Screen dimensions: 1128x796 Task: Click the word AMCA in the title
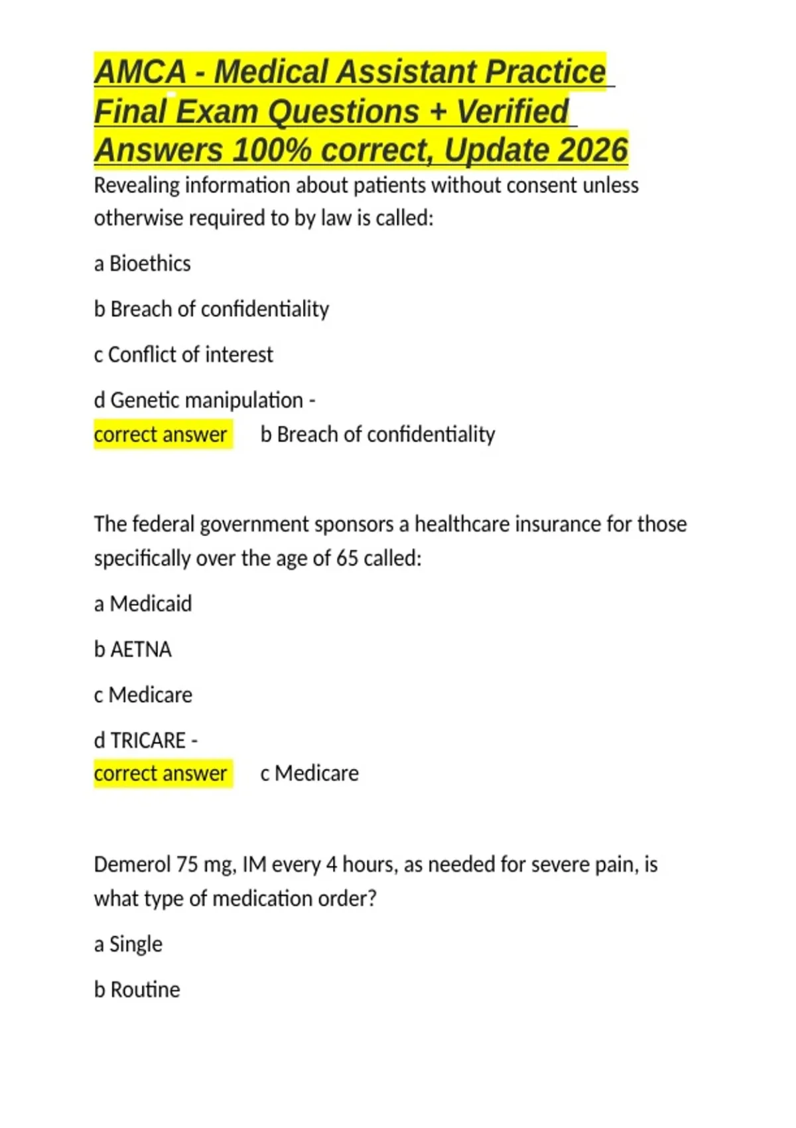point(140,72)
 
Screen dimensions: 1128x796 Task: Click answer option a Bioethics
point(143,263)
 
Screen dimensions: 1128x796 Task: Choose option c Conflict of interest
point(184,354)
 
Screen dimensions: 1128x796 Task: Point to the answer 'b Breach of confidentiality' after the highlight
point(378,435)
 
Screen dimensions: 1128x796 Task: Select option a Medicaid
point(143,604)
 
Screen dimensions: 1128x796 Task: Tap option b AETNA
point(133,649)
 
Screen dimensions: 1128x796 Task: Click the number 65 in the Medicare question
point(347,558)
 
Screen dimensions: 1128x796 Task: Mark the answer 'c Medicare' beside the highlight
point(310,774)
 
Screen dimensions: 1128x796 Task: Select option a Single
point(129,944)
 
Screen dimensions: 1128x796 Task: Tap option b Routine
point(137,989)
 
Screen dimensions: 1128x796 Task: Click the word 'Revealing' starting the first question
point(137,185)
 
